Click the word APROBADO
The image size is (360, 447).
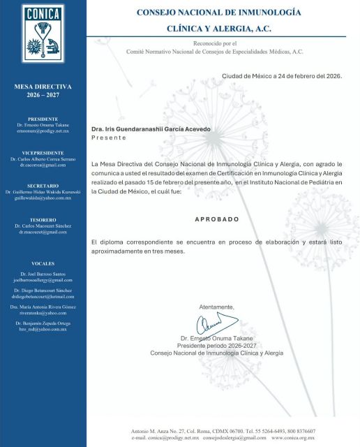[215, 219]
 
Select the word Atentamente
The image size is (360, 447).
[217, 307]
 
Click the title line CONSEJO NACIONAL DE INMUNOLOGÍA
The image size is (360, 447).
[218, 13]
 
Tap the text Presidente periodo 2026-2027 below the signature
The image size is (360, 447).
[217, 346]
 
